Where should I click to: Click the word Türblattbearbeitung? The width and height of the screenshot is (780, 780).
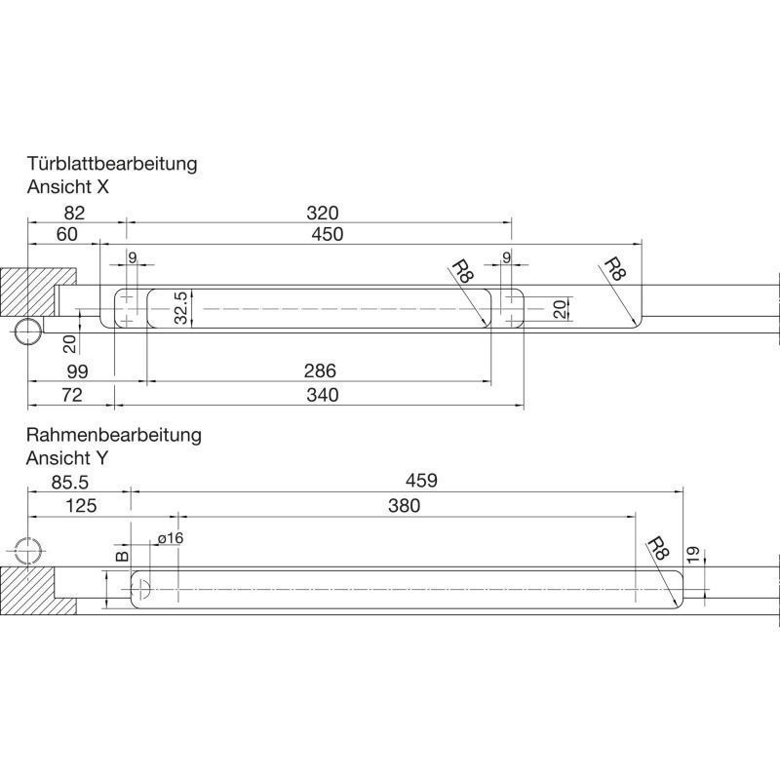pos(112,164)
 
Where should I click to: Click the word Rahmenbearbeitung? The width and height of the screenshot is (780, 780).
pos(114,435)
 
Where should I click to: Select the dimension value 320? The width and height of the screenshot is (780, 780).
pos(323,213)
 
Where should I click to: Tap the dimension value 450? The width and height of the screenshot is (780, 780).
pos(327,234)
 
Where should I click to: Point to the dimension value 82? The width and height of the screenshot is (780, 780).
pos(75,213)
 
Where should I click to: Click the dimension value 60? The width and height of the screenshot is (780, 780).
pos(67,234)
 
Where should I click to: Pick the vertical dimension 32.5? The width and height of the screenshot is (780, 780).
pos(181,308)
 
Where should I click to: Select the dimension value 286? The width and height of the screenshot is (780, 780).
pos(320,370)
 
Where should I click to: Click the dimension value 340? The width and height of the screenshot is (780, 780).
pos(323,395)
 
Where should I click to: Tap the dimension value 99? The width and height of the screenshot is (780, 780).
pos(77,371)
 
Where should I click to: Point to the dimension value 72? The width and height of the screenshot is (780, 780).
pos(71,395)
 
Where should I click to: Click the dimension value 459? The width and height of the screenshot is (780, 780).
pos(421,481)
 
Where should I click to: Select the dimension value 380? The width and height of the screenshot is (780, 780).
pos(404,506)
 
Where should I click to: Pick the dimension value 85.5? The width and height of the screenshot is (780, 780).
pos(69,482)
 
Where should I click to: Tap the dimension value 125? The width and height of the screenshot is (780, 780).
pos(81,506)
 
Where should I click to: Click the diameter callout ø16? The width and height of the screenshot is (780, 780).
pos(170,538)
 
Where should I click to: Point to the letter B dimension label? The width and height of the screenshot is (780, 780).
pos(122,556)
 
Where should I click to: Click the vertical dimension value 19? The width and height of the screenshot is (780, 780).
pos(692,555)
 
